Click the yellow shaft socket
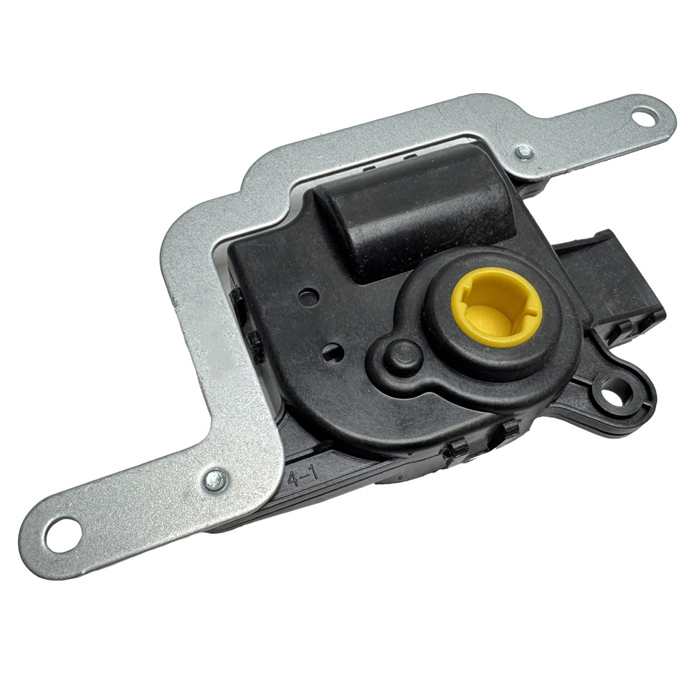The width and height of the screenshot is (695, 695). (x=496, y=306)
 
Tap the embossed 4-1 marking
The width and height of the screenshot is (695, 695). (x=303, y=477)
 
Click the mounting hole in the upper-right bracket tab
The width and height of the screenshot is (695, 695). (x=644, y=118)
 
